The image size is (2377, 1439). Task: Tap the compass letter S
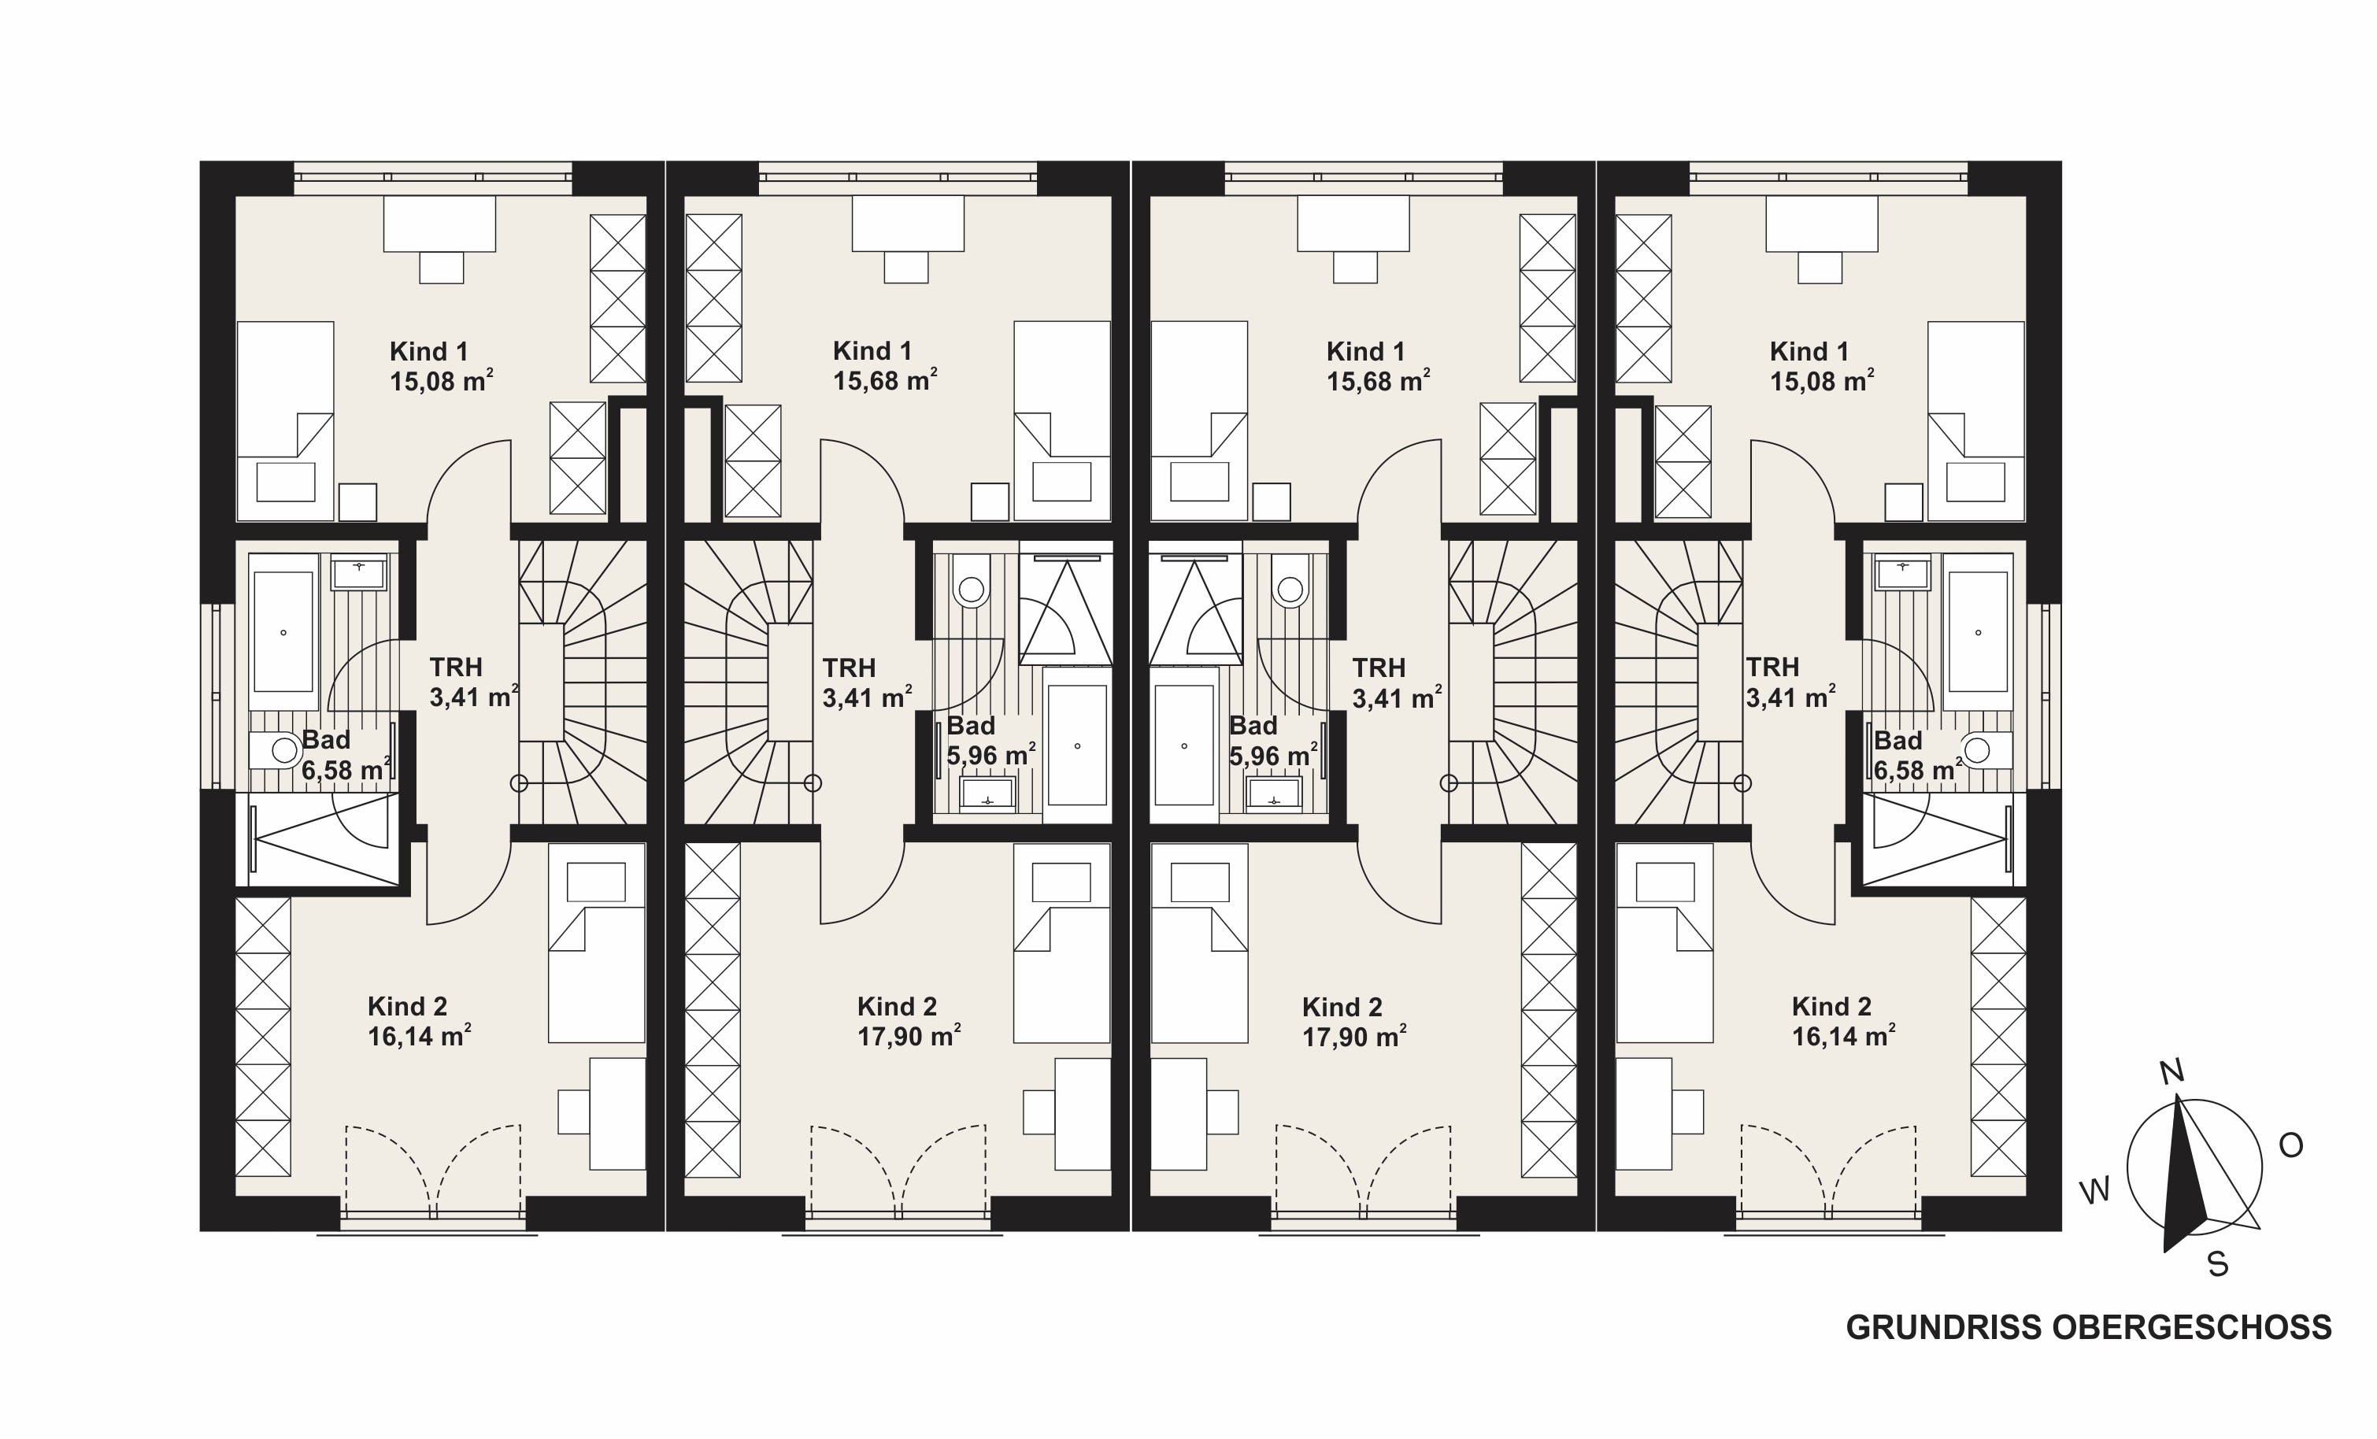tap(2218, 1264)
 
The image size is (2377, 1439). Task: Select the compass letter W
tap(2095, 1191)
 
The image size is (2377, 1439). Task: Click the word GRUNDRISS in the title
tap(1945, 1328)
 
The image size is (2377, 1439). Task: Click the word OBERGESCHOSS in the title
tap(2192, 1328)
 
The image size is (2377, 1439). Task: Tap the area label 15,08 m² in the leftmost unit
tap(442, 381)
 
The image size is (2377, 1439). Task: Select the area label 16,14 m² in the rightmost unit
tap(1843, 1037)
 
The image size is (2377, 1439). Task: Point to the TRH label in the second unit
tap(849, 668)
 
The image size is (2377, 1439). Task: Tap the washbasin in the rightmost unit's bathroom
tap(1902, 573)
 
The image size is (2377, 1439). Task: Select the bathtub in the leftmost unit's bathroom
tap(283, 633)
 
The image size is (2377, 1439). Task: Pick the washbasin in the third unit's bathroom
tap(1273, 793)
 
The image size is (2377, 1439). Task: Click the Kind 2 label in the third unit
tap(1342, 1007)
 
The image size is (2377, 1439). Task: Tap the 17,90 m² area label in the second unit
tap(909, 1037)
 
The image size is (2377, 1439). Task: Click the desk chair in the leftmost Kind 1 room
tap(442, 267)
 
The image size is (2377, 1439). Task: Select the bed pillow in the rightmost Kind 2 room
tap(1666, 882)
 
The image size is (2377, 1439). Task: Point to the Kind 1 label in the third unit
tap(1365, 351)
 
